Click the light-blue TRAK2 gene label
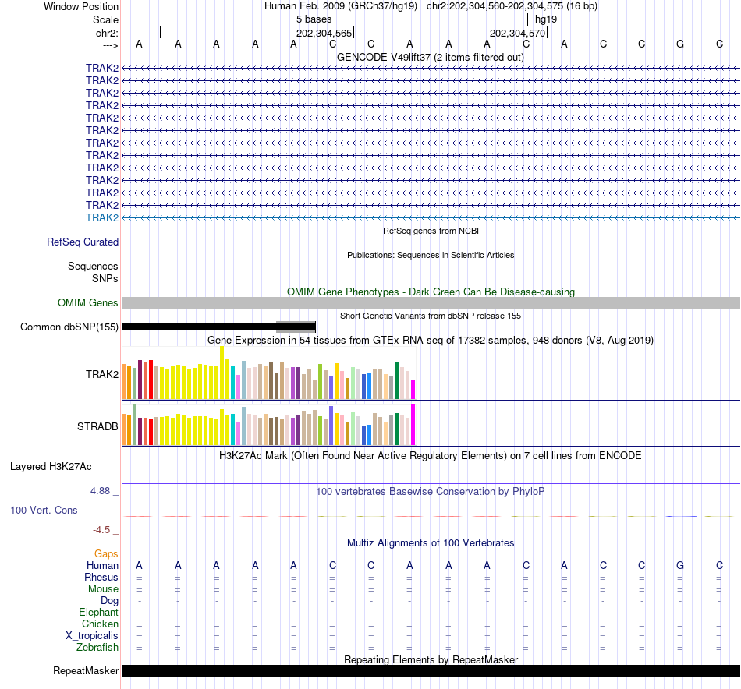pyautogui.click(x=102, y=217)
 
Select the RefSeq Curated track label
pyautogui.click(x=83, y=242)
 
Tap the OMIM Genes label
pyautogui.click(x=88, y=302)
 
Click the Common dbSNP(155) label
pyautogui.click(x=69, y=327)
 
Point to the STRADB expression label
pyautogui.click(x=97, y=426)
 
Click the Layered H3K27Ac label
pyautogui.click(x=51, y=467)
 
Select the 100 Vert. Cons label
pyautogui.click(x=44, y=510)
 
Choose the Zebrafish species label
pyautogui.click(x=97, y=647)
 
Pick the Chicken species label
pyautogui.click(x=100, y=624)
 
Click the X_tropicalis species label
pyautogui.click(x=92, y=635)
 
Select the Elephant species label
pyautogui.click(x=98, y=612)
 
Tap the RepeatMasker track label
pyautogui.click(x=86, y=670)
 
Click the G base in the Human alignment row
pyautogui.click(x=680, y=565)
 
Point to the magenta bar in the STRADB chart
pyautogui.click(x=413, y=424)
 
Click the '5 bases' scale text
pyautogui.click(x=314, y=19)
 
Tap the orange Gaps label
pyautogui.click(x=106, y=553)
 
